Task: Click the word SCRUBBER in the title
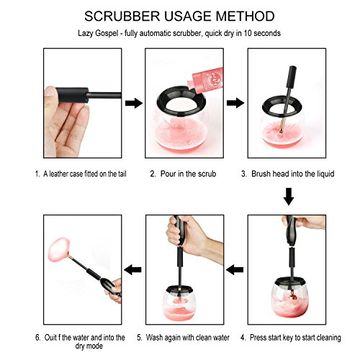point(122,17)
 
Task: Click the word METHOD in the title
point(245,17)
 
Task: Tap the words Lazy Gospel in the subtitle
point(98,33)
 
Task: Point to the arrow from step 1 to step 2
point(134,103)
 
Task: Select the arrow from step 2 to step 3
point(235,103)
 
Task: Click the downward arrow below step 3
point(289,197)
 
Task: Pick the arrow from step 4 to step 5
point(235,270)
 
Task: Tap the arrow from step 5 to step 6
point(132,270)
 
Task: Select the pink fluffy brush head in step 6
point(60,248)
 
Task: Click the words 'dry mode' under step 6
point(89,346)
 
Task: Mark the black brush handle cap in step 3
point(292,77)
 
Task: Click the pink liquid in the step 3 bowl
point(283,137)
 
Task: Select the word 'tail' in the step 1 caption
point(122,174)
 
